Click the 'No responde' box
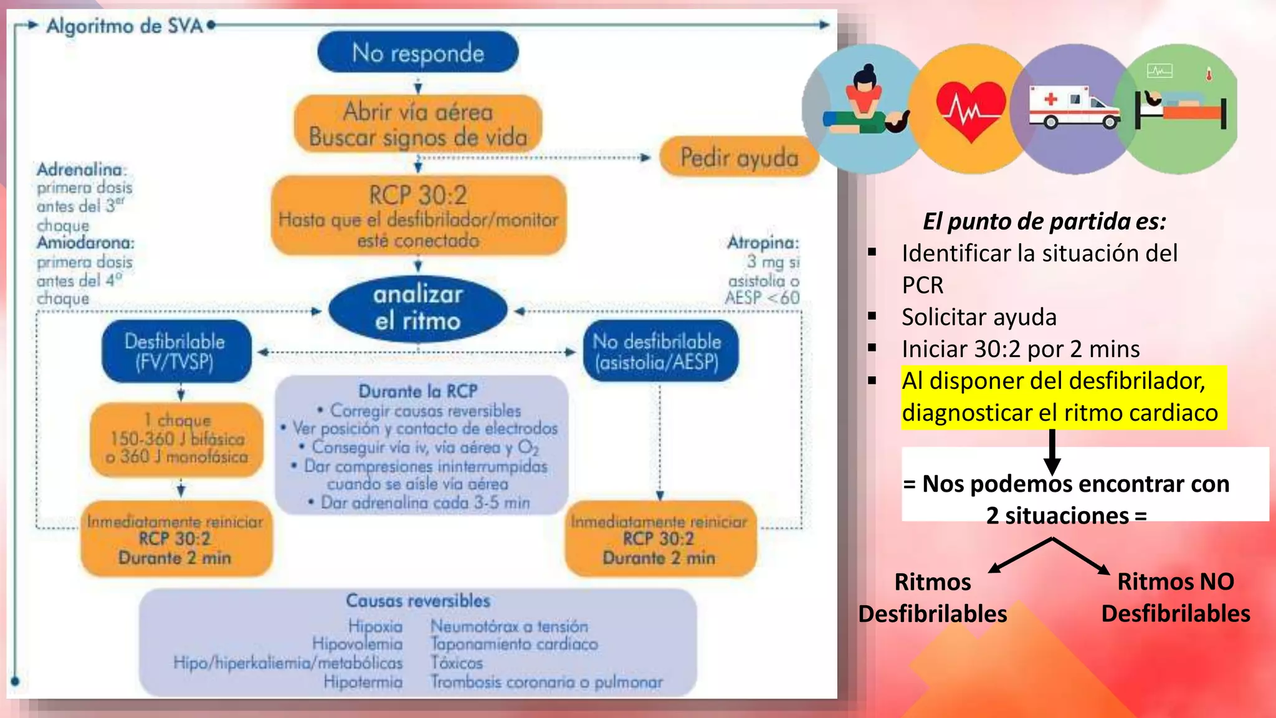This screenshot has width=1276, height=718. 417,53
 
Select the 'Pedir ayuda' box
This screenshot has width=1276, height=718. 739,158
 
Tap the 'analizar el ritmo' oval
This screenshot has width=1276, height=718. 418,308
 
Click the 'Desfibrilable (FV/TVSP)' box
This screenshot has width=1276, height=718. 176,352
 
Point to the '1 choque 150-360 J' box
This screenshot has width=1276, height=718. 178,439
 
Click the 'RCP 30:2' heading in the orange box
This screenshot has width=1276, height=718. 418,196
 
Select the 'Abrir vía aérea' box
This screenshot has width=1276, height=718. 418,124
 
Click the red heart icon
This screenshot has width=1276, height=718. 971,109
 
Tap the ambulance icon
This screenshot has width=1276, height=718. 1073,107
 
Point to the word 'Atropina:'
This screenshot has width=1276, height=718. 763,242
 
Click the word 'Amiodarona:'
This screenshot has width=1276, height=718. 86,242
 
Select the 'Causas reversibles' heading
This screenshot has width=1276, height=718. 418,601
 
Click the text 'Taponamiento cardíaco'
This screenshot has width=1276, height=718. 514,644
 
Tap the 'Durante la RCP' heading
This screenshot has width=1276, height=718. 418,391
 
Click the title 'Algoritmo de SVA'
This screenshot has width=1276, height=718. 125,26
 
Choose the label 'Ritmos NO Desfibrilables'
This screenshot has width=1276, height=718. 1175,597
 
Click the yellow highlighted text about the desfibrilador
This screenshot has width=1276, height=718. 1059,397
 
